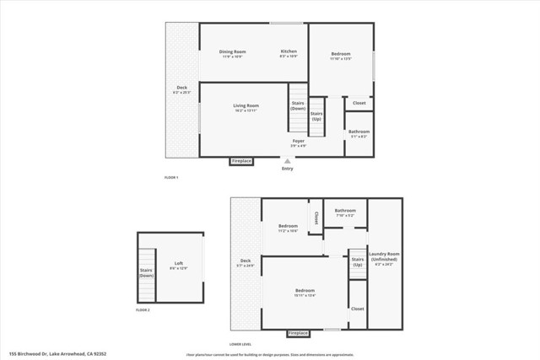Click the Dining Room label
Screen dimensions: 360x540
pos(232,53)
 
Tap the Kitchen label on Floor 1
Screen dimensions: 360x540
pos(289,53)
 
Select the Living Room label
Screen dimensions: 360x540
pos(246,107)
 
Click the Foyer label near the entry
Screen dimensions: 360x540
pos(299,142)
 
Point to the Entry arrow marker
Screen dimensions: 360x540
pos(288,160)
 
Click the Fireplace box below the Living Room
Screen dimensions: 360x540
pos(241,160)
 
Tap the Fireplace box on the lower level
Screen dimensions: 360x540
pos(299,333)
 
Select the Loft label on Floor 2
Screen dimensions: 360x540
pos(178,265)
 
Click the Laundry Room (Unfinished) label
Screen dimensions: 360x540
pos(384,256)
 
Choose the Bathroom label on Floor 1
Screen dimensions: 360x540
pos(359,132)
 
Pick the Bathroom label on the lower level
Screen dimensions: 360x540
pos(344,212)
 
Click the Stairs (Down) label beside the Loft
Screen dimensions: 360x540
pos(146,273)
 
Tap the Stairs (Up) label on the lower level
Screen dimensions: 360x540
pos(357,261)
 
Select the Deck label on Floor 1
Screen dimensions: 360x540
pos(181,89)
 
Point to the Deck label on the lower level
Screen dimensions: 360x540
pos(246,262)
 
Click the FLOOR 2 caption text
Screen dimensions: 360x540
pos(143,310)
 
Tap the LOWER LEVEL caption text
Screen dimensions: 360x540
pos(240,344)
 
